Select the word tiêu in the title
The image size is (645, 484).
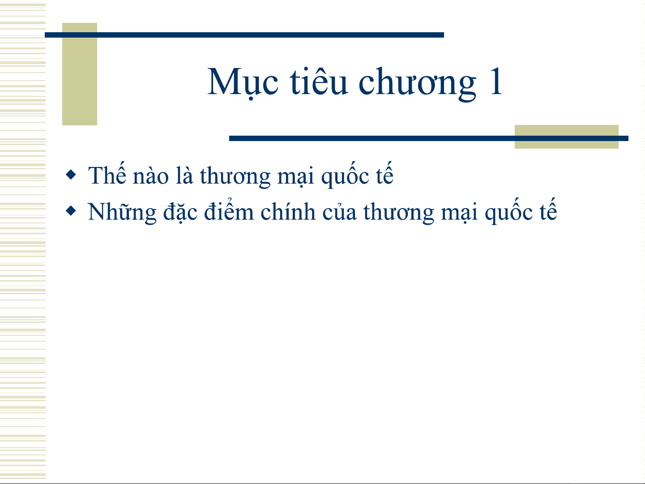click(x=319, y=81)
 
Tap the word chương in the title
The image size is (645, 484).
click(x=417, y=84)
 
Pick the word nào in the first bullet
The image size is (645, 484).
click(x=151, y=176)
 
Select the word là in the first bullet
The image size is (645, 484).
click(x=184, y=175)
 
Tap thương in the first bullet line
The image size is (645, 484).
click(x=235, y=176)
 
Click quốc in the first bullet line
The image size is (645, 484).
click(x=345, y=176)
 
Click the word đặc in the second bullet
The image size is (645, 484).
click(x=180, y=212)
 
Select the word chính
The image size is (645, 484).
click(x=288, y=211)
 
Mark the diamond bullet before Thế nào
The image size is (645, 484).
click(x=71, y=174)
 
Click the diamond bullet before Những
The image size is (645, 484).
click(x=71, y=211)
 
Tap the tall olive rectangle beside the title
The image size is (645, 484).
click(x=80, y=74)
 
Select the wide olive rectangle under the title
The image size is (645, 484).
click(x=567, y=137)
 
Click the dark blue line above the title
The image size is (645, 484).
click(x=244, y=35)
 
